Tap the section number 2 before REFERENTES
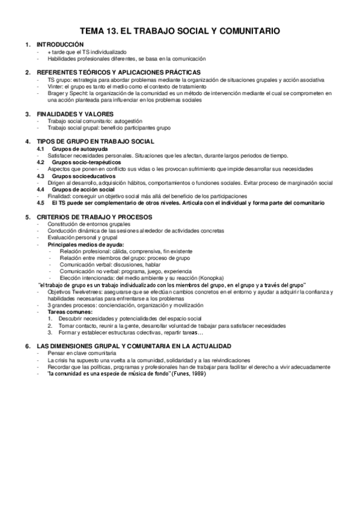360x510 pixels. [x=27, y=72]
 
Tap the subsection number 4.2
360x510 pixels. [x=40, y=162]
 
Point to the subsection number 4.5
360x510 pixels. [x=40, y=203]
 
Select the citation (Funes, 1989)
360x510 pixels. [x=187, y=373]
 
